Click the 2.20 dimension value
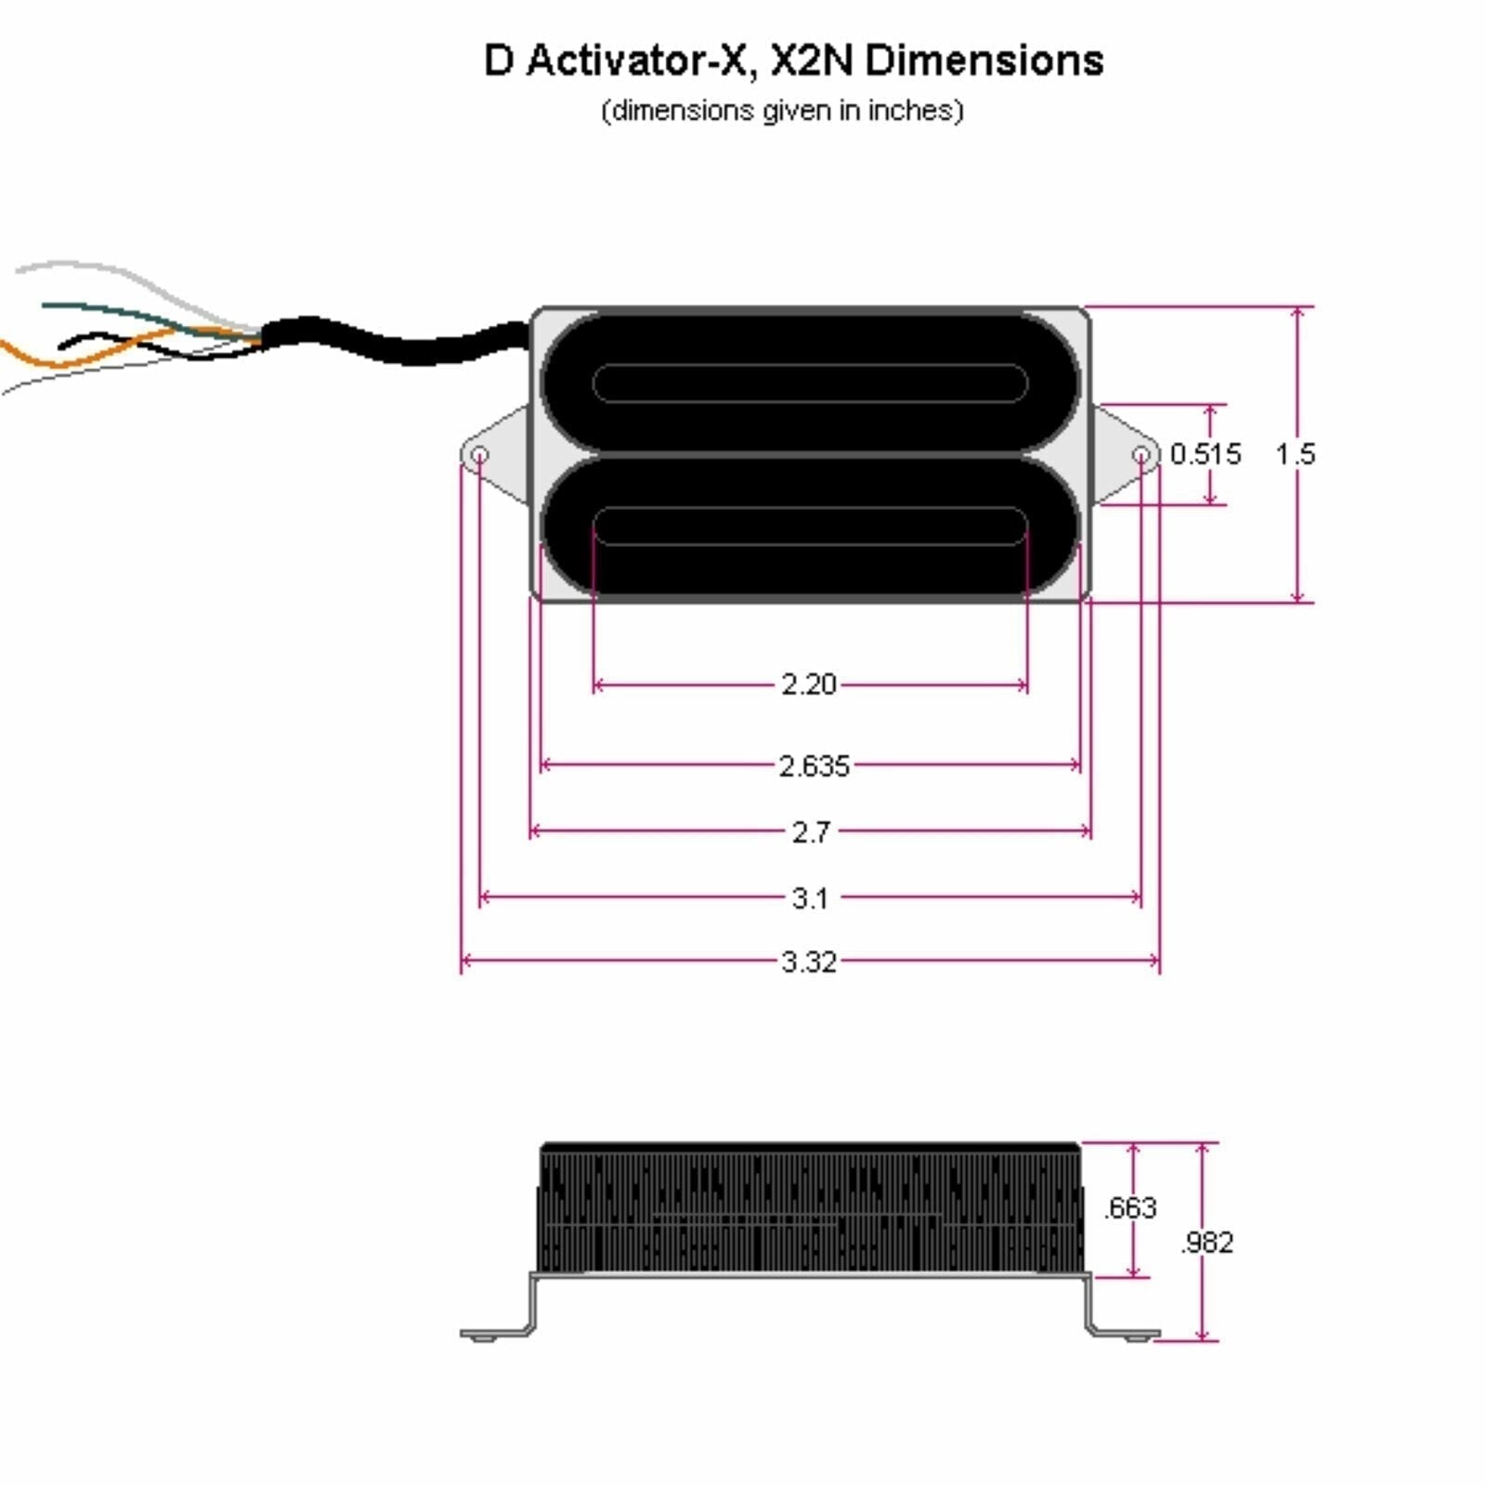pos(809,684)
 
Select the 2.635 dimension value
pos(814,766)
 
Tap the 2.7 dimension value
pos(811,832)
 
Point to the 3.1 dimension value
pos(810,898)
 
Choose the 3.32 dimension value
pos(809,961)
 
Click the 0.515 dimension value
pos(1205,454)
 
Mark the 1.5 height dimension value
pos(1295,454)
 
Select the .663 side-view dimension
pos(1130,1207)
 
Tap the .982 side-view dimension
pos(1206,1242)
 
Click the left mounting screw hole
pos(480,455)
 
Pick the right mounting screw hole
pos(1141,455)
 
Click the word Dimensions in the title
pos(984,61)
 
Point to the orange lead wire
pos(56,358)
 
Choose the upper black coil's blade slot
pos(810,383)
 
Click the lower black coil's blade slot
pos(810,526)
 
